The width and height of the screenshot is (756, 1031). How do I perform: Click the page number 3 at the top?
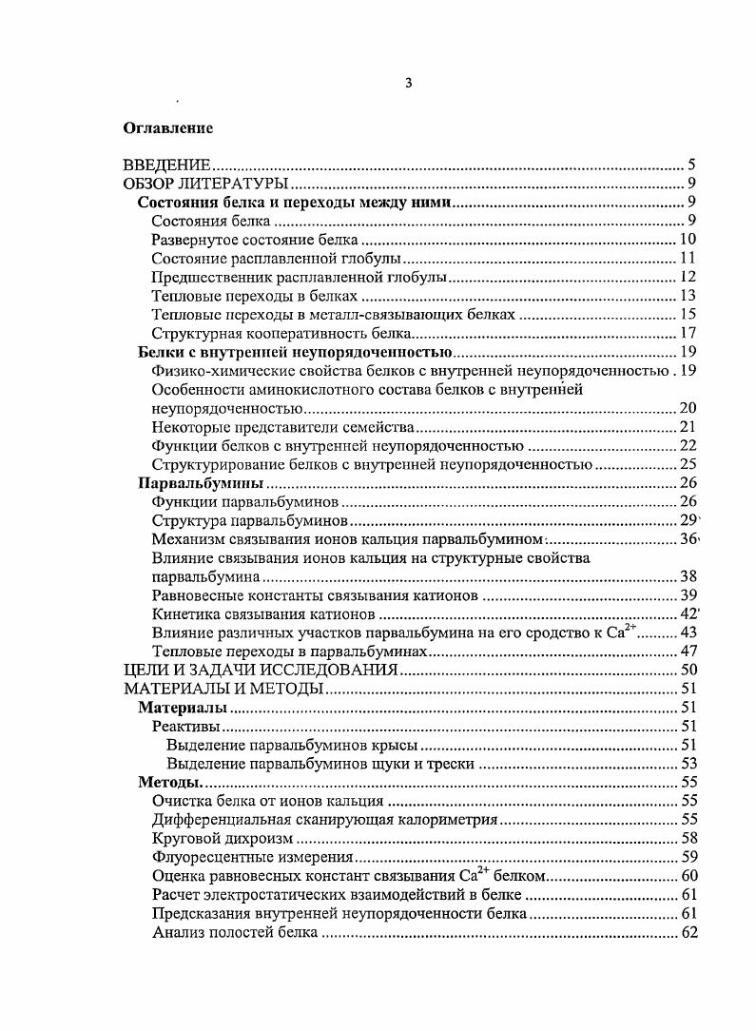coord(408,83)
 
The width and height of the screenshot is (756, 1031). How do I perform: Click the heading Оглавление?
coord(168,127)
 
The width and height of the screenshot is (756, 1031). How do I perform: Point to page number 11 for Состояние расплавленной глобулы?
coord(689,258)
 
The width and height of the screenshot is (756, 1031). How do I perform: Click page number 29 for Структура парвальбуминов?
coord(688,520)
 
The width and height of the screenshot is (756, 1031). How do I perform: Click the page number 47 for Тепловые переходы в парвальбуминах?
coord(689,652)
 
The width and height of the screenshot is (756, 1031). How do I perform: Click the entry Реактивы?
coord(180,727)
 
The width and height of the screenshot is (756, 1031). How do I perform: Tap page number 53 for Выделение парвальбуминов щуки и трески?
coord(689,764)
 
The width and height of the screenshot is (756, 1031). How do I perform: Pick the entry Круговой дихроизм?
coord(222,839)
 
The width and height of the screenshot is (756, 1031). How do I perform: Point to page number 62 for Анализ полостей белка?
coord(689,932)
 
